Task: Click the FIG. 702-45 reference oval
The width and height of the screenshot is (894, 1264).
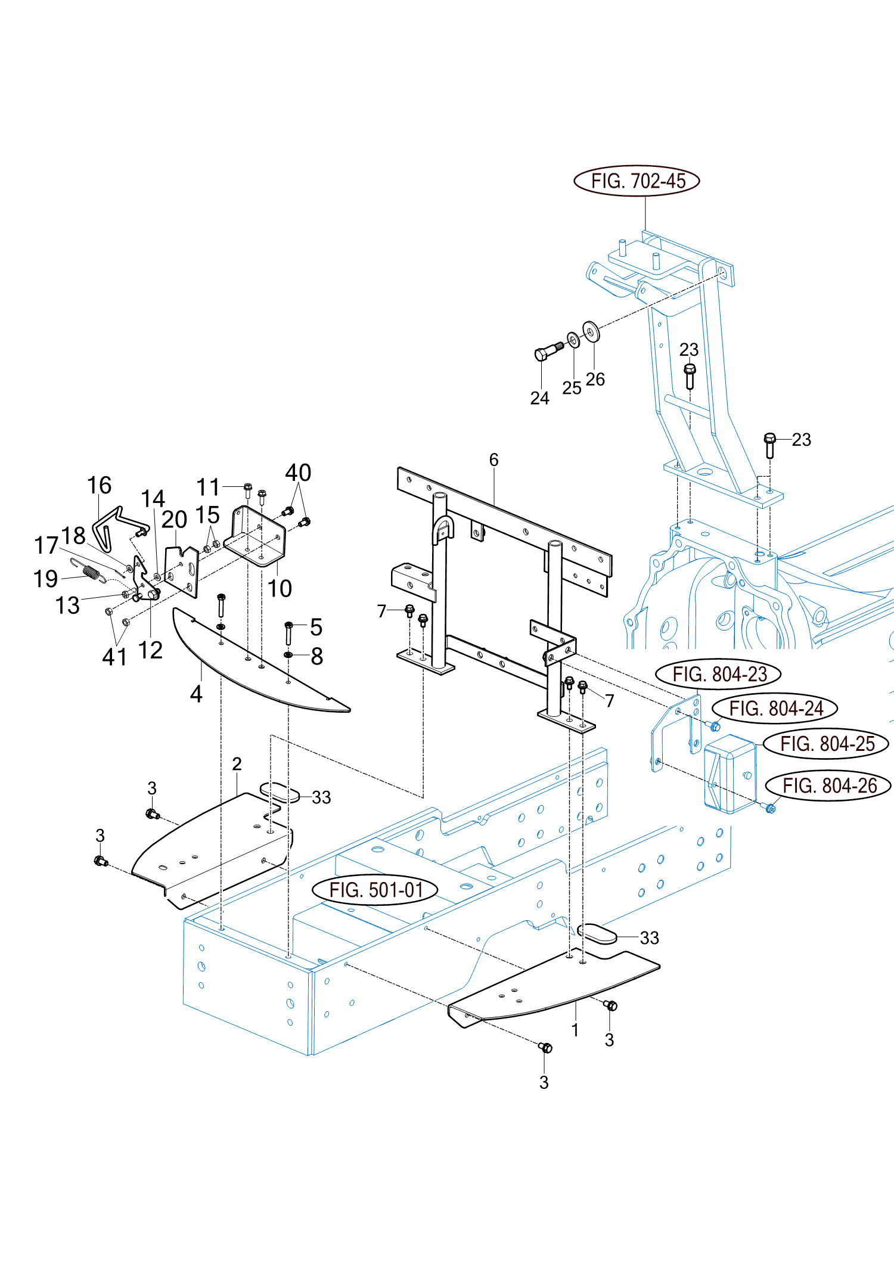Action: coord(637,181)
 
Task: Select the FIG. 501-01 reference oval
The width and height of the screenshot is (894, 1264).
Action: coord(375,890)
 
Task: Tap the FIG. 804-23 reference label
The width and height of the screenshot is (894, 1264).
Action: coord(718,674)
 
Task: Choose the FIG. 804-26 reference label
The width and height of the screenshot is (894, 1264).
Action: coord(828,785)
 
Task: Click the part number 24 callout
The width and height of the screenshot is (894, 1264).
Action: coord(539,397)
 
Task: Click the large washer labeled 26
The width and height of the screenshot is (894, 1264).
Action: coord(591,331)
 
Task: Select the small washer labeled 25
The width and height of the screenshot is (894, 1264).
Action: coord(573,340)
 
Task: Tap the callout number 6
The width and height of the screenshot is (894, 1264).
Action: coord(493,459)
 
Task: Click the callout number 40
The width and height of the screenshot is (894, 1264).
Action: coord(298,473)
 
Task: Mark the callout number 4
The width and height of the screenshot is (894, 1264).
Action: coord(196,694)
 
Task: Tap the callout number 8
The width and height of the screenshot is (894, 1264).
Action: coord(316,656)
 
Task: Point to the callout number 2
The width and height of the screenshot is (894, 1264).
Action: coord(237,763)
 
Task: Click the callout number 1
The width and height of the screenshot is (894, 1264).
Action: coord(575,1030)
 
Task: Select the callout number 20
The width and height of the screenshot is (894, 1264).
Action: coord(174,519)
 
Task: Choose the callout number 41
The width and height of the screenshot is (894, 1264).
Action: coord(114,657)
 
